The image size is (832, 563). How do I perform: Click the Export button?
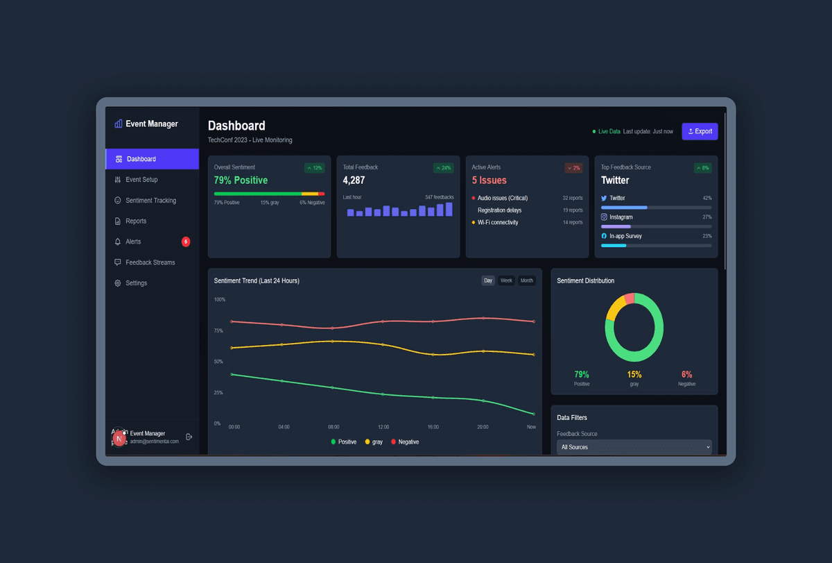pos(700,131)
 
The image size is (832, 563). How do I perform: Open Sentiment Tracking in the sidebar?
pos(150,201)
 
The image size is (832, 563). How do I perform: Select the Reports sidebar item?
pos(136,221)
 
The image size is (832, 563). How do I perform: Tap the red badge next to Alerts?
pos(186,242)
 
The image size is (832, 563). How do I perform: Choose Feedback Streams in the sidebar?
pos(150,262)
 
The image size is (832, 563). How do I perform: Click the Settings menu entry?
pos(136,283)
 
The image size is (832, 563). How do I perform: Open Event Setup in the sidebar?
pos(141,180)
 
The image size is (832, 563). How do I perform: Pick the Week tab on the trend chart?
pos(507,280)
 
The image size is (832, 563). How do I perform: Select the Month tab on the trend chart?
pos(527,280)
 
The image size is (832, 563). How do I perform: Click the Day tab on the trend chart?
pos(488,280)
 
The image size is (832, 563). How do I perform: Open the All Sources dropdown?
pos(634,447)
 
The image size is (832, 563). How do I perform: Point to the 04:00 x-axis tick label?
pos(284,427)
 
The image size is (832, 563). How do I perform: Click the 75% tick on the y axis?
pos(219,330)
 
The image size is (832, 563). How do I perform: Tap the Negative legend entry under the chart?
pos(405,442)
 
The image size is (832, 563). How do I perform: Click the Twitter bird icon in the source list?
pos(604,199)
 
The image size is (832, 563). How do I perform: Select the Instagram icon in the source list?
pos(604,217)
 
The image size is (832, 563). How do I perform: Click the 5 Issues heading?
pos(489,180)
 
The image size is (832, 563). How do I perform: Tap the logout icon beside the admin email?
pos(189,437)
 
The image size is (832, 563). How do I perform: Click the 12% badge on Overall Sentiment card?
pos(315,168)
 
